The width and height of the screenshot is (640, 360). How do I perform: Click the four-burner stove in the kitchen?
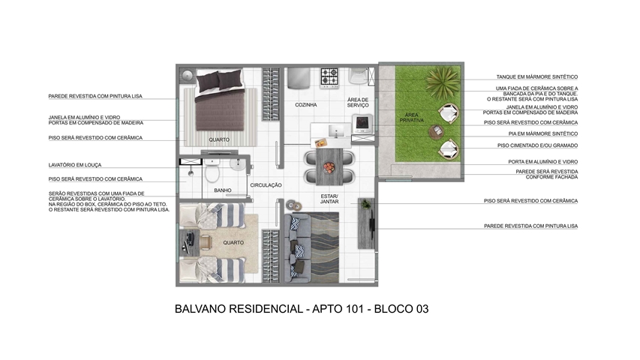329,77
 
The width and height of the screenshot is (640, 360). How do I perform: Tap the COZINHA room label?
306,105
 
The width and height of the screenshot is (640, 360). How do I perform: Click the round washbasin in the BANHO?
237,164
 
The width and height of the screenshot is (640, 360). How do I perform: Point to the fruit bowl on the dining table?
329,167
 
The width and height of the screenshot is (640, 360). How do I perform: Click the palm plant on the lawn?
443,80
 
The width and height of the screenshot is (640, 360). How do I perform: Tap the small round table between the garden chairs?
437,131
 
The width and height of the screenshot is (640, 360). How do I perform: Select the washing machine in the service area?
362,124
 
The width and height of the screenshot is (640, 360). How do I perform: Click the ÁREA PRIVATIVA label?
411,118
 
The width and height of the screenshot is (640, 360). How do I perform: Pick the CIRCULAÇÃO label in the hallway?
266,185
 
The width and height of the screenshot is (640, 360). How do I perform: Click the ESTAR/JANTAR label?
329,199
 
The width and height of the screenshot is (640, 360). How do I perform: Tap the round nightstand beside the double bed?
188,75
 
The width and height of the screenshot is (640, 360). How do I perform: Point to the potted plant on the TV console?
366,204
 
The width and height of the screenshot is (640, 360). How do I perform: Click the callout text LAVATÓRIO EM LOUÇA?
75,165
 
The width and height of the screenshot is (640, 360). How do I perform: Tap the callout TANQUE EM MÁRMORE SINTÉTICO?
537,76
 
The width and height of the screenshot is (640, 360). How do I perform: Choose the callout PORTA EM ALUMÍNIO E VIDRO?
543,162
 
